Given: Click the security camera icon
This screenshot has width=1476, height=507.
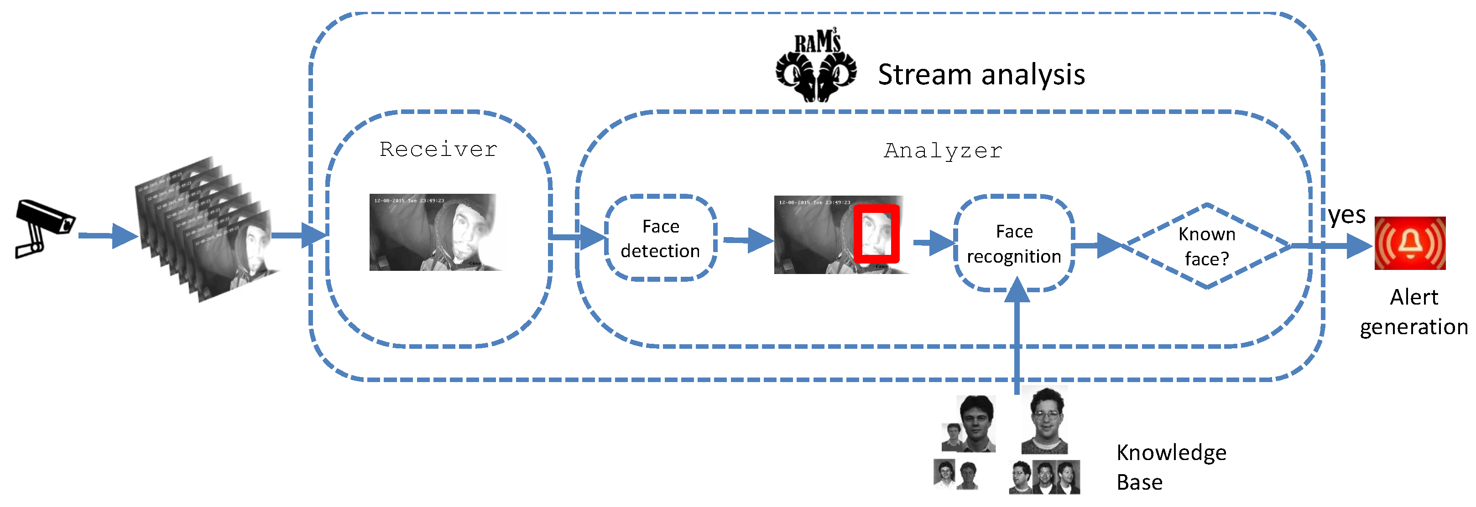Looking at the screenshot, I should (x=43, y=228).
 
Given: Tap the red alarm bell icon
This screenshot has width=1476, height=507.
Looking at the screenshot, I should (x=1409, y=243).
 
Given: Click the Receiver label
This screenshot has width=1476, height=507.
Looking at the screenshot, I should (x=438, y=150).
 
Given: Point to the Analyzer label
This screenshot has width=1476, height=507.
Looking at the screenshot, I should (x=943, y=150).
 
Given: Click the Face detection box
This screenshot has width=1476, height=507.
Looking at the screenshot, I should (x=660, y=238).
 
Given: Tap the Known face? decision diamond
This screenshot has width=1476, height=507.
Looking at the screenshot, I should (x=1206, y=246).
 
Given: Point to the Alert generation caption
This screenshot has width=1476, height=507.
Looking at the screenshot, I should (x=1413, y=312).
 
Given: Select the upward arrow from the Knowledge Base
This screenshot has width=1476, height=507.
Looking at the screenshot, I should (x=1017, y=338).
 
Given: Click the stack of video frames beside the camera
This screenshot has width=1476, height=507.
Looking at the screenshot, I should (x=206, y=229).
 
